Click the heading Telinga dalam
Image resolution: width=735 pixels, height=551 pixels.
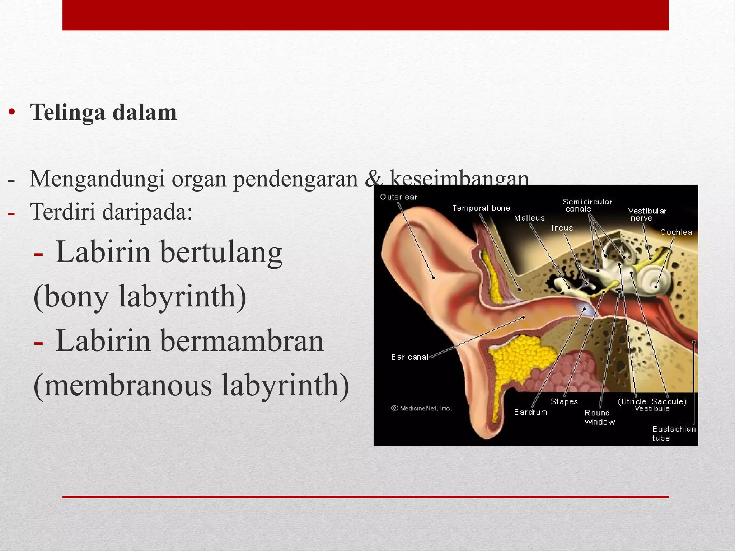click(103, 113)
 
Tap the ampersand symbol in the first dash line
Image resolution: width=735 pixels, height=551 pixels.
click(373, 179)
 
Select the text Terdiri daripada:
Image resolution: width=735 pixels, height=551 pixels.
click(111, 212)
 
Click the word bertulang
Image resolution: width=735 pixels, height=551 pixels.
click(221, 253)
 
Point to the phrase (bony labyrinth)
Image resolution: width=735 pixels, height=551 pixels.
click(140, 297)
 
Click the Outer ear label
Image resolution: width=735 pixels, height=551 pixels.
click(399, 197)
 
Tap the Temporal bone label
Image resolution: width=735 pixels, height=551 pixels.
click(481, 208)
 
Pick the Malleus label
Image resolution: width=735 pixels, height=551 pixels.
click(529, 218)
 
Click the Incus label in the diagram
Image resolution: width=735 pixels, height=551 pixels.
click(562, 228)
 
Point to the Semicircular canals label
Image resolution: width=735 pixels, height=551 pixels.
click(587, 206)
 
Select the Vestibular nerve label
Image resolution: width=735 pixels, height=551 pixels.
click(647, 215)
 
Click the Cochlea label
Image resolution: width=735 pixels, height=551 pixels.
click(676, 232)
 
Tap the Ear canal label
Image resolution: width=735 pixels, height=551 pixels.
click(409, 357)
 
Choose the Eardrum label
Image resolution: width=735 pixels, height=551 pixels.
click(530, 412)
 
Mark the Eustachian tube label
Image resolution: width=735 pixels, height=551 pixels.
click(673, 433)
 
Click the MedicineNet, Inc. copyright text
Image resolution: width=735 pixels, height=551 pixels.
click(422, 408)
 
